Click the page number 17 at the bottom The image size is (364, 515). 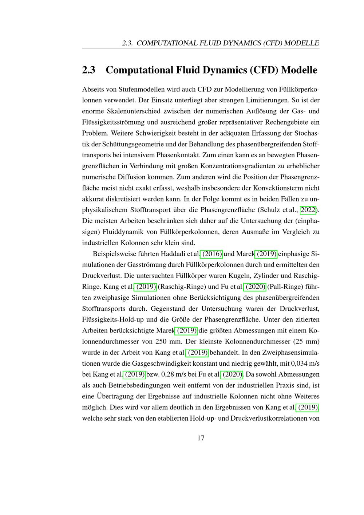pos(201,438)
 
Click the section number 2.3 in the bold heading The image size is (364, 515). pos(89,70)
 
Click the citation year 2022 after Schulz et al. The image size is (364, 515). pos(308,210)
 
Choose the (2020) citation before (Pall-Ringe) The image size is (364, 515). pos(256,287)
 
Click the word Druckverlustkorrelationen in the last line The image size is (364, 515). pos(269,418)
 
